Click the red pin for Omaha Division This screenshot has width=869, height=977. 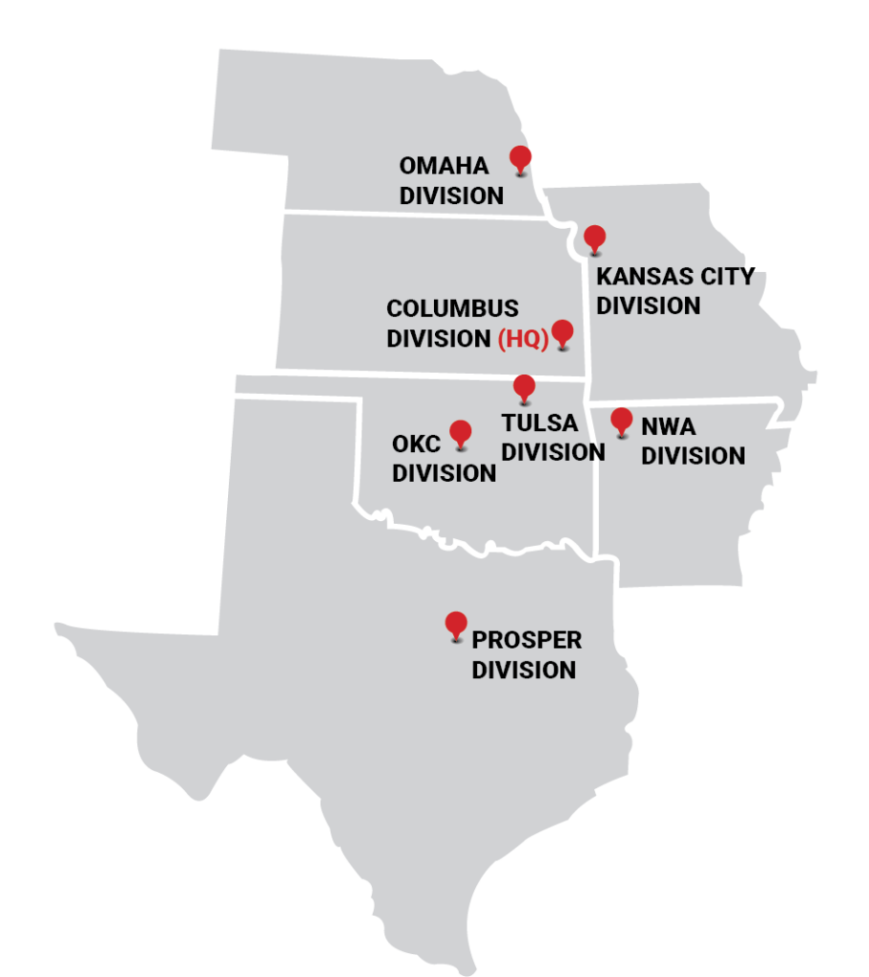(520, 157)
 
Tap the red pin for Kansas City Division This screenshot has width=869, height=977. (594, 238)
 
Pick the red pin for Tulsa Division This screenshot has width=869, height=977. (524, 386)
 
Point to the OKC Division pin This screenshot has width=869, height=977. (461, 432)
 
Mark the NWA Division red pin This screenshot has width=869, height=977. (621, 420)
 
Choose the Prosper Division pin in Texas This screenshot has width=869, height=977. (456, 624)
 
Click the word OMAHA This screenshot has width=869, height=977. (444, 166)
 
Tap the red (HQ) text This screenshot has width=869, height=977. (523, 339)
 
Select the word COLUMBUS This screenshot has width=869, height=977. (452, 309)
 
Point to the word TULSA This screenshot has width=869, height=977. (540, 423)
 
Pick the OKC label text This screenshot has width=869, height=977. (416, 444)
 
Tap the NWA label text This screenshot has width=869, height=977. (668, 426)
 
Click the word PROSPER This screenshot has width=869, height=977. (527, 640)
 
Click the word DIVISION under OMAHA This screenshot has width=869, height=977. (451, 196)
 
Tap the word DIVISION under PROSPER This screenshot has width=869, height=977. (524, 670)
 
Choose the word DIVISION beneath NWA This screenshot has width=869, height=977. (693, 456)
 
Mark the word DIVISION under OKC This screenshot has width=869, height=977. (444, 473)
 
